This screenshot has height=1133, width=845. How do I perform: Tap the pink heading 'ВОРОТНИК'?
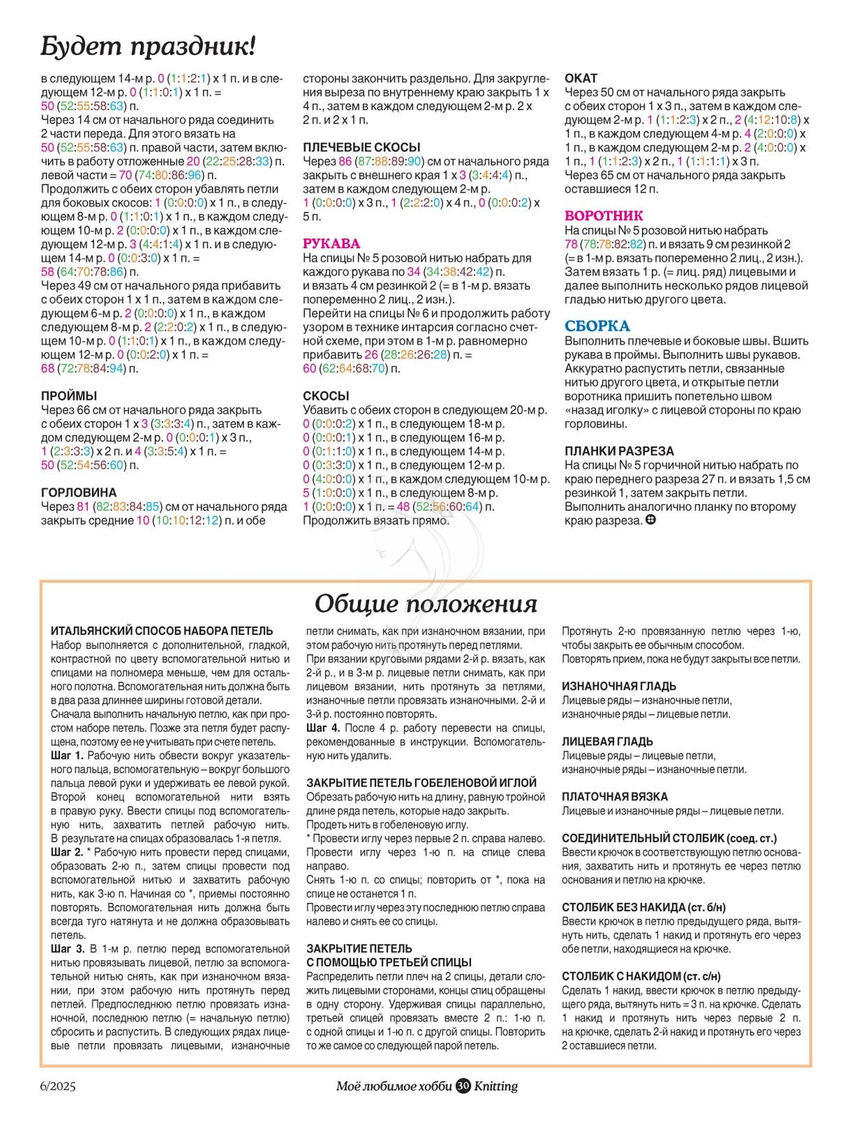point(604,216)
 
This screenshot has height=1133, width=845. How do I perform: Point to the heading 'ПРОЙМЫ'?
point(69,396)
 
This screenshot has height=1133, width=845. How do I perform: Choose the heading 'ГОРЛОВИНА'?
point(79,492)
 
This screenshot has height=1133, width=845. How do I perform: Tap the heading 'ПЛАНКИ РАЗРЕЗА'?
point(619,451)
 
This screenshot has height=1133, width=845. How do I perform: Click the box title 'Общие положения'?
point(425,604)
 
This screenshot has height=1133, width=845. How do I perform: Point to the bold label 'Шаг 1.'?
point(67,756)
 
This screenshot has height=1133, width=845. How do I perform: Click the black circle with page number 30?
point(463,1086)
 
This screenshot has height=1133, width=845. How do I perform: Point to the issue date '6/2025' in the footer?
point(58,1086)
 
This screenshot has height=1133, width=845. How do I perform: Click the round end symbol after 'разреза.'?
point(651,520)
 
